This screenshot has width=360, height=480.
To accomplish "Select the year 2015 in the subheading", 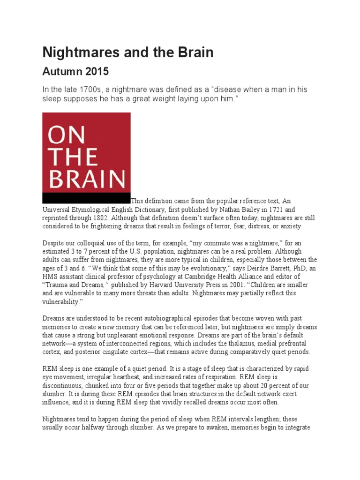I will click(97, 72).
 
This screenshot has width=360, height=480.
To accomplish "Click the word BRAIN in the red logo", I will click(86, 180).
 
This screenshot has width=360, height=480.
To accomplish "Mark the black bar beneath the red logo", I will click(86, 197).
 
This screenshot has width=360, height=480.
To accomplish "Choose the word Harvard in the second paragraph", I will click(156, 285).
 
